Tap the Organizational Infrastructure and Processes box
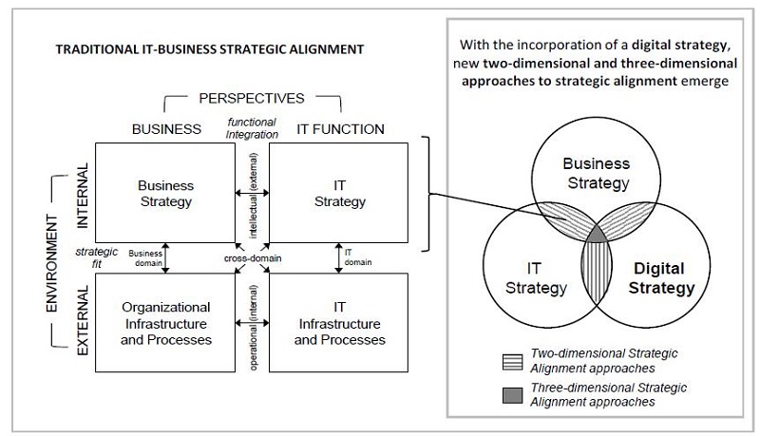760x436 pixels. [165, 322]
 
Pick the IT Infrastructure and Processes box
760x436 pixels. [338, 322]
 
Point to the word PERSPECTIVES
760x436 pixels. [252, 99]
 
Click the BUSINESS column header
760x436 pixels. [166, 128]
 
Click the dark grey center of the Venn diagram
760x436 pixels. [597, 234]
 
